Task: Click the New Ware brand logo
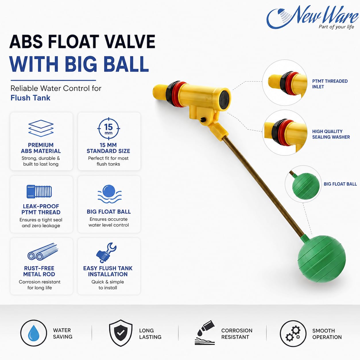[x=312, y=18]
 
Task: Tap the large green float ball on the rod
[x=321, y=259]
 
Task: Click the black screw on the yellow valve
[x=203, y=120]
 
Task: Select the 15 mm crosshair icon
[x=109, y=129]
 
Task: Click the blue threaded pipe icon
[x=39, y=191]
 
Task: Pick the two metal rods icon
[x=43, y=252]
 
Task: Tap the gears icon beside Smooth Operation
[x=293, y=333]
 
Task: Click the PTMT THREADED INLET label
[x=330, y=84]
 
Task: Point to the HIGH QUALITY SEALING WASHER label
[x=331, y=134]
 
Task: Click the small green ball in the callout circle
[x=306, y=186]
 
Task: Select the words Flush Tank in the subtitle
[x=30, y=98]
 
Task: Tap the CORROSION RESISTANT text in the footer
[x=237, y=334]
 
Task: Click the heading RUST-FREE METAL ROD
[x=39, y=271]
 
